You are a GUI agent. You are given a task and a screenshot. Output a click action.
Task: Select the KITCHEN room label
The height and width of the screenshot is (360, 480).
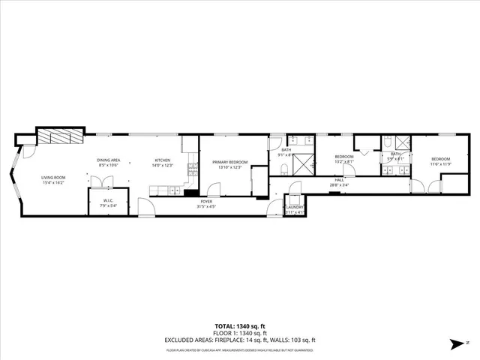[163, 160]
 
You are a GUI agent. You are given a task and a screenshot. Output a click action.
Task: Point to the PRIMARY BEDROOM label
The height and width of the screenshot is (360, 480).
[230, 162]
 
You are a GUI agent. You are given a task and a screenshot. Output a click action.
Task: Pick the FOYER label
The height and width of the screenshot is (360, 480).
[205, 201]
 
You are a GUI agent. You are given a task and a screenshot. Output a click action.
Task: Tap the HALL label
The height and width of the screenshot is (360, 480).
[339, 180]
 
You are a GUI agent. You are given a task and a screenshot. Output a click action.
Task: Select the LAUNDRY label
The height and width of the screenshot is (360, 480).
[295, 207]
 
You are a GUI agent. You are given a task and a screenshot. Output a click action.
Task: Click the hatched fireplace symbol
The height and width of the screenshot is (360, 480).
[58, 136]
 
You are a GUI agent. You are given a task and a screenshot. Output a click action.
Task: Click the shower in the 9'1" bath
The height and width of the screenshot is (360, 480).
[303, 163]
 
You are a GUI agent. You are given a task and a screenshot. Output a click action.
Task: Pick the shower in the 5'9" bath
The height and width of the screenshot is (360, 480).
[402, 142]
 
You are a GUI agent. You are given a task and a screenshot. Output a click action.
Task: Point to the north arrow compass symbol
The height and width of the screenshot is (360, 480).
[454, 343]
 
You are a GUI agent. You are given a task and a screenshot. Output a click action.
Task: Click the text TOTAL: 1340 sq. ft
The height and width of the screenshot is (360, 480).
[240, 326]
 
